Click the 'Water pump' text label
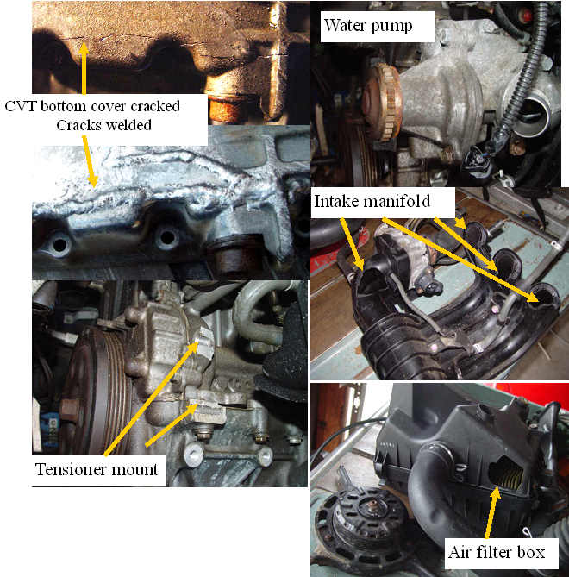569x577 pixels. (367, 26)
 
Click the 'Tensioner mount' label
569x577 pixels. (97, 470)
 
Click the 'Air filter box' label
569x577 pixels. (496, 551)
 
